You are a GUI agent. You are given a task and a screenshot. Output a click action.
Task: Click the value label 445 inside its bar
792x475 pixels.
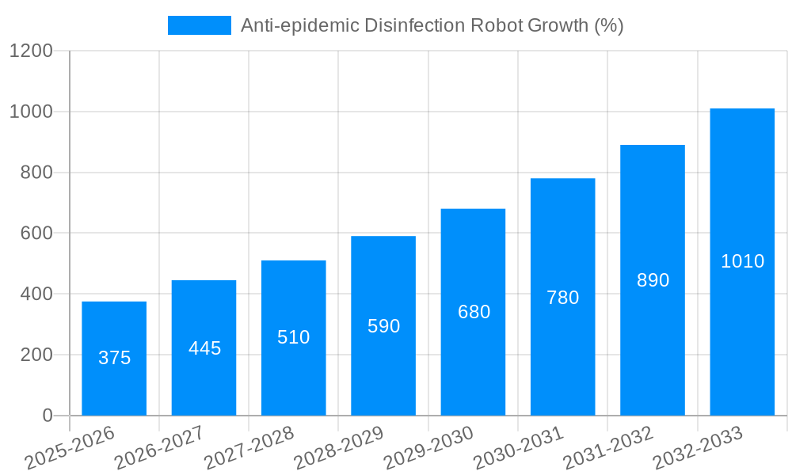[204, 348]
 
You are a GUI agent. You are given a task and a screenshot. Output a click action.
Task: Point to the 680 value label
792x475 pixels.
[474, 312]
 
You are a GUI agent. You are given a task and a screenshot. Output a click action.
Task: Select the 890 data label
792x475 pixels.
[653, 280]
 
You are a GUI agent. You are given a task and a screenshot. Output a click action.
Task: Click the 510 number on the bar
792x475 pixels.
[293, 337]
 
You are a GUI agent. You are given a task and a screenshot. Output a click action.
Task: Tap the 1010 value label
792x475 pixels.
[742, 261]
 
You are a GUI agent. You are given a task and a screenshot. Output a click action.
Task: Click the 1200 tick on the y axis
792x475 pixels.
[31, 51]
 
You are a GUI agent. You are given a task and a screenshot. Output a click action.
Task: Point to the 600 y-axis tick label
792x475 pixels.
[36, 234]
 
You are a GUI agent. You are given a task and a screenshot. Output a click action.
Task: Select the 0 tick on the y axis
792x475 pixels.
[47, 416]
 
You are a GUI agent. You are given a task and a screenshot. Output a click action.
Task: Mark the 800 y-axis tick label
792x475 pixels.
[36, 173]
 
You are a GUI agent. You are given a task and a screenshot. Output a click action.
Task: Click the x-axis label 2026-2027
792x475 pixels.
[159, 448]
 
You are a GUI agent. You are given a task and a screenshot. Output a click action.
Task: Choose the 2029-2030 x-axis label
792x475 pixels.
[428, 448]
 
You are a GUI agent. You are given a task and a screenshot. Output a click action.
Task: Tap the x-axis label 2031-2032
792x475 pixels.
[608, 448]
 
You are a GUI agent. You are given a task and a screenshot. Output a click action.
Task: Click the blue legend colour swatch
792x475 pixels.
[199, 25]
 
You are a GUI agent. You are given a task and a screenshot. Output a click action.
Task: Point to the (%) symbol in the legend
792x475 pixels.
[608, 25]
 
